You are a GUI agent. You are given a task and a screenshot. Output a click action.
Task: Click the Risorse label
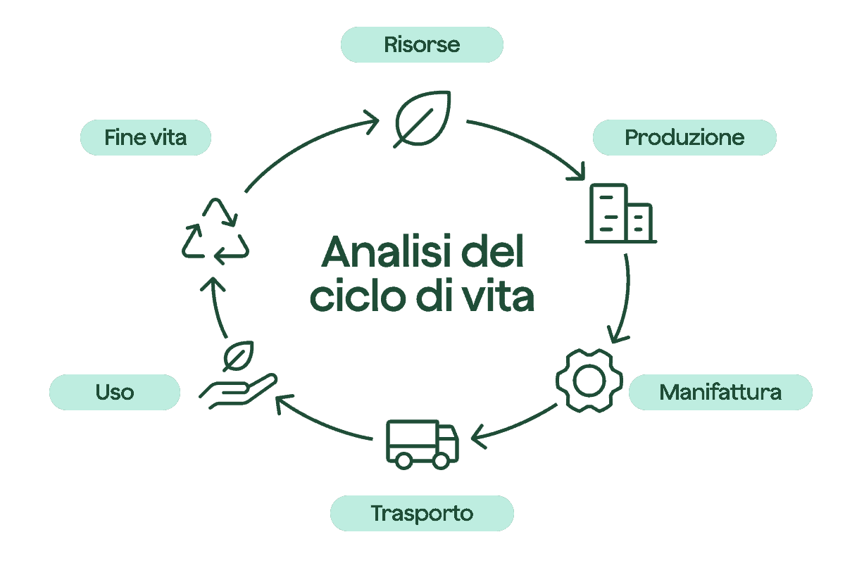(x=422, y=44)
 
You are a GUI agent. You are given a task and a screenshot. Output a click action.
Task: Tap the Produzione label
(x=684, y=137)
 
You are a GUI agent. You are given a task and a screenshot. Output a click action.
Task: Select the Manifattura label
(x=720, y=392)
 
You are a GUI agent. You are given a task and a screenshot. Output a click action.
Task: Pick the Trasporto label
(x=422, y=513)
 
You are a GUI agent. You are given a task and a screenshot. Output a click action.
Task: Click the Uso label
(x=115, y=392)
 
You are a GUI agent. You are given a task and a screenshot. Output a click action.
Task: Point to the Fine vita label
(x=146, y=137)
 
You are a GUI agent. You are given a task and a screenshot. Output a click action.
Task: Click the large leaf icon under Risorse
(x=422, y=119)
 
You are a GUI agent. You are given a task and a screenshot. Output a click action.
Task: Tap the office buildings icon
(x=621, y=213)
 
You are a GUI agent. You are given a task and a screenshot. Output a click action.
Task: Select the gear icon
(x=589, y=381)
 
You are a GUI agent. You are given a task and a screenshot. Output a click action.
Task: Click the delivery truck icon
(x=422, y=444)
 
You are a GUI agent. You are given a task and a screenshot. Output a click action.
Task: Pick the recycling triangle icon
(x=215, y=231)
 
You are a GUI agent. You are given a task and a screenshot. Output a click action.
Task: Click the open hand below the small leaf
(x=239, y=391)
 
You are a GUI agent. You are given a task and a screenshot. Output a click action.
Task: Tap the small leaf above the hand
(x=238, y=356)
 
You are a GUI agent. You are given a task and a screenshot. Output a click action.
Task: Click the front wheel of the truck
(x=441, y=461)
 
